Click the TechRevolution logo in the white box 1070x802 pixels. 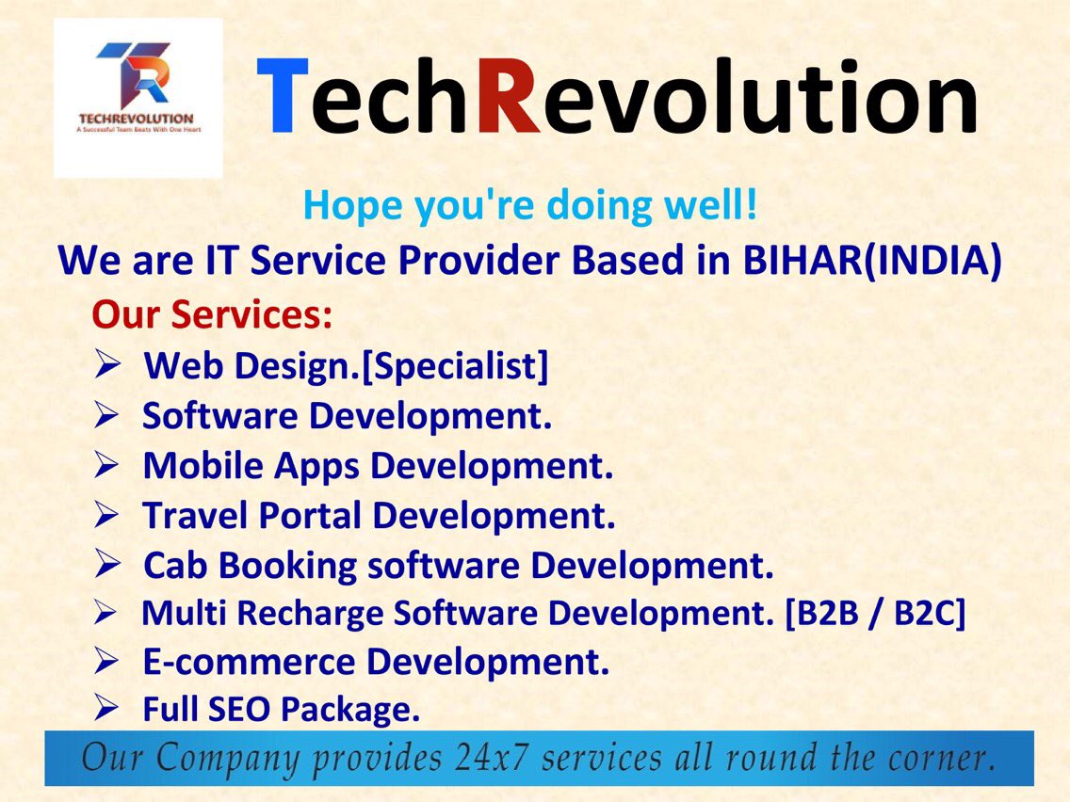click(138, 97)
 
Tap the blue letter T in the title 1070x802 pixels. click(284, 97)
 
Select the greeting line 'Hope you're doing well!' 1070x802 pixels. click(530, 206)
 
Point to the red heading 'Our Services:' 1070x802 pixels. click(212, 314)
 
